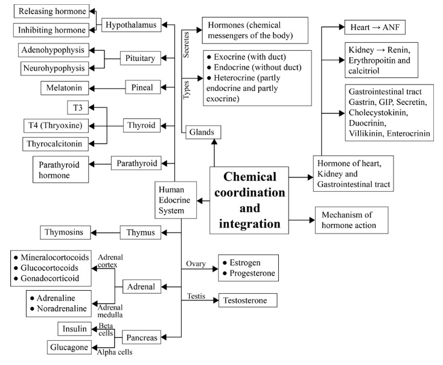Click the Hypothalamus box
(130, 25)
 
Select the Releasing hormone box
(51, 10)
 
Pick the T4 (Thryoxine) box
(53, 125)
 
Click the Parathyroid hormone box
(60, 169)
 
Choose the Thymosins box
(67, 231)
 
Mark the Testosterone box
(247, 300)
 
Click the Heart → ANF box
(369, 28)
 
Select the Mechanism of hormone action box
(352, 220)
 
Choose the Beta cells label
(106, 329)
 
